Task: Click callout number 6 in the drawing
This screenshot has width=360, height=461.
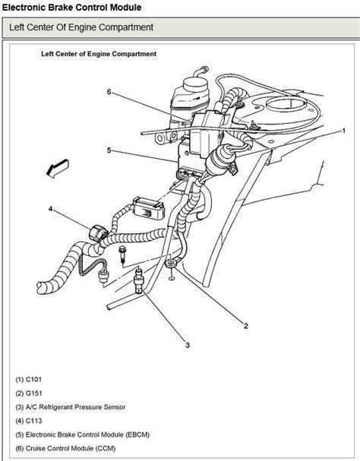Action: point(109,92)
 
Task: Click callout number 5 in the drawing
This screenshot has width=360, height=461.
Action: point(109,150)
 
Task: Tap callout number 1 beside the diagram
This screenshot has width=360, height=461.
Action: point(343,131)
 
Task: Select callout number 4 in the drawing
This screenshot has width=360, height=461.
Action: point(51,209)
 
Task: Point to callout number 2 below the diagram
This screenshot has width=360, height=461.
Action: point(246,326)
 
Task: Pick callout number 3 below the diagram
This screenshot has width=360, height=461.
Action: point(188,345)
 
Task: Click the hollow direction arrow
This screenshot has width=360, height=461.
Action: point(58,169)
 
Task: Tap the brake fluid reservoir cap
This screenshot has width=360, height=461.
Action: point(195,84)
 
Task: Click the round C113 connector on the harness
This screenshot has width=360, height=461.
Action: point(98,234)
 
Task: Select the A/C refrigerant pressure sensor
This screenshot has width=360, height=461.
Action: point(138,281)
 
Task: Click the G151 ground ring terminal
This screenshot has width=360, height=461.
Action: point(171,263)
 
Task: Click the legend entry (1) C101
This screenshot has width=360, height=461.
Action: point(29,379)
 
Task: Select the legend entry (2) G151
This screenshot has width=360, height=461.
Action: point(29,393)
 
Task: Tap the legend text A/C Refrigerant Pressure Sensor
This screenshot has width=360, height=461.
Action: point(76,407)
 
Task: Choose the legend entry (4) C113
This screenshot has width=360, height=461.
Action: point(29,421)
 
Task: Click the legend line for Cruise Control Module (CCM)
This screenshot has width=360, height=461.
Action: point(65,448)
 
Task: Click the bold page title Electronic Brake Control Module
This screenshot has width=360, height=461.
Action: point(71,8)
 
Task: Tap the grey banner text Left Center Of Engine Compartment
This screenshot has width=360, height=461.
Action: point(81,27)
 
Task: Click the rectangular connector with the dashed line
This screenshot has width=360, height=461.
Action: point(149,208)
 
